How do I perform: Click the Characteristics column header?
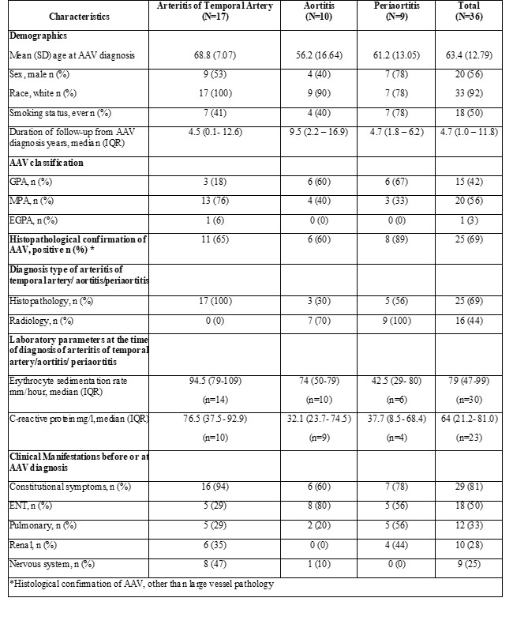(79, 16)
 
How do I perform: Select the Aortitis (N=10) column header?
(313, 11)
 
